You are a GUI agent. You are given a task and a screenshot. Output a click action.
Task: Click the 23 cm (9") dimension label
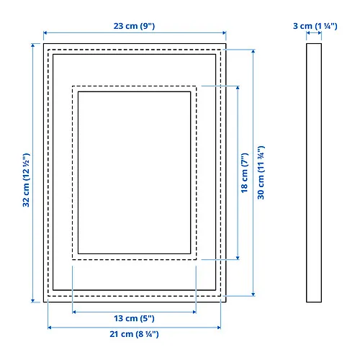pyautogui.click(x=134, y=26)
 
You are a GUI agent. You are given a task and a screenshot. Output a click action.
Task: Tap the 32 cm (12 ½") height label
pyautogui.click(x=26, y=180)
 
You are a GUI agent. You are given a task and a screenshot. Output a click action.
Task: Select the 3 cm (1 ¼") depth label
pyautogui.click(x=315, y=26)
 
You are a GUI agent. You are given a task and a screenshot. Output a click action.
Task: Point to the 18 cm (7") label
pyautogui.click(x=244, y=173)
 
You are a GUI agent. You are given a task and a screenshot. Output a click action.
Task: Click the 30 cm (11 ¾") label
pyautogui.click(x=261, y=172)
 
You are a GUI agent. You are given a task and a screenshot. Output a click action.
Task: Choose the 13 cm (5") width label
pyautogui.click(x=134, y=318)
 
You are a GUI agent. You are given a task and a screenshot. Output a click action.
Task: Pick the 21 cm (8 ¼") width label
pyautogui.click(x=134, y=334)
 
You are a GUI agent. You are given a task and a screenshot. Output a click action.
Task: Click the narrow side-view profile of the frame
pyautogui.click(x=314, y=173)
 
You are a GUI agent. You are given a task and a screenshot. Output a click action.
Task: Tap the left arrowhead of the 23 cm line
pyautogui.click(x=45, y=32)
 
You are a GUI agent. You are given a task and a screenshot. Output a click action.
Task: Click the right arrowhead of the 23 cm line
pyautogui.click(x=224, y=32)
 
